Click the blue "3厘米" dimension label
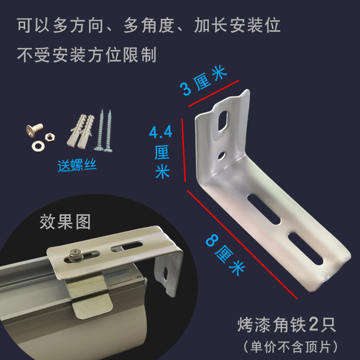pyautogui.click(x=203, y=81)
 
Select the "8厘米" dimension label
pyautogui.click(x=225, y=255)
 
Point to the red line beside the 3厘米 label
pyautogui.click(x=213, y=93)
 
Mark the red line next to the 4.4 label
pyautogui.click(x=183, y=150)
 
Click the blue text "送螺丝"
pyautogui.click(x=77, y=165)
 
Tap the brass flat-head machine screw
pyautogui.click(x=34, y=131)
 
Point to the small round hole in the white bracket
pyautogui.click(x=222, y=156)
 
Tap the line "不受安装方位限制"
pyautogui.click(x=87, y=55)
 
